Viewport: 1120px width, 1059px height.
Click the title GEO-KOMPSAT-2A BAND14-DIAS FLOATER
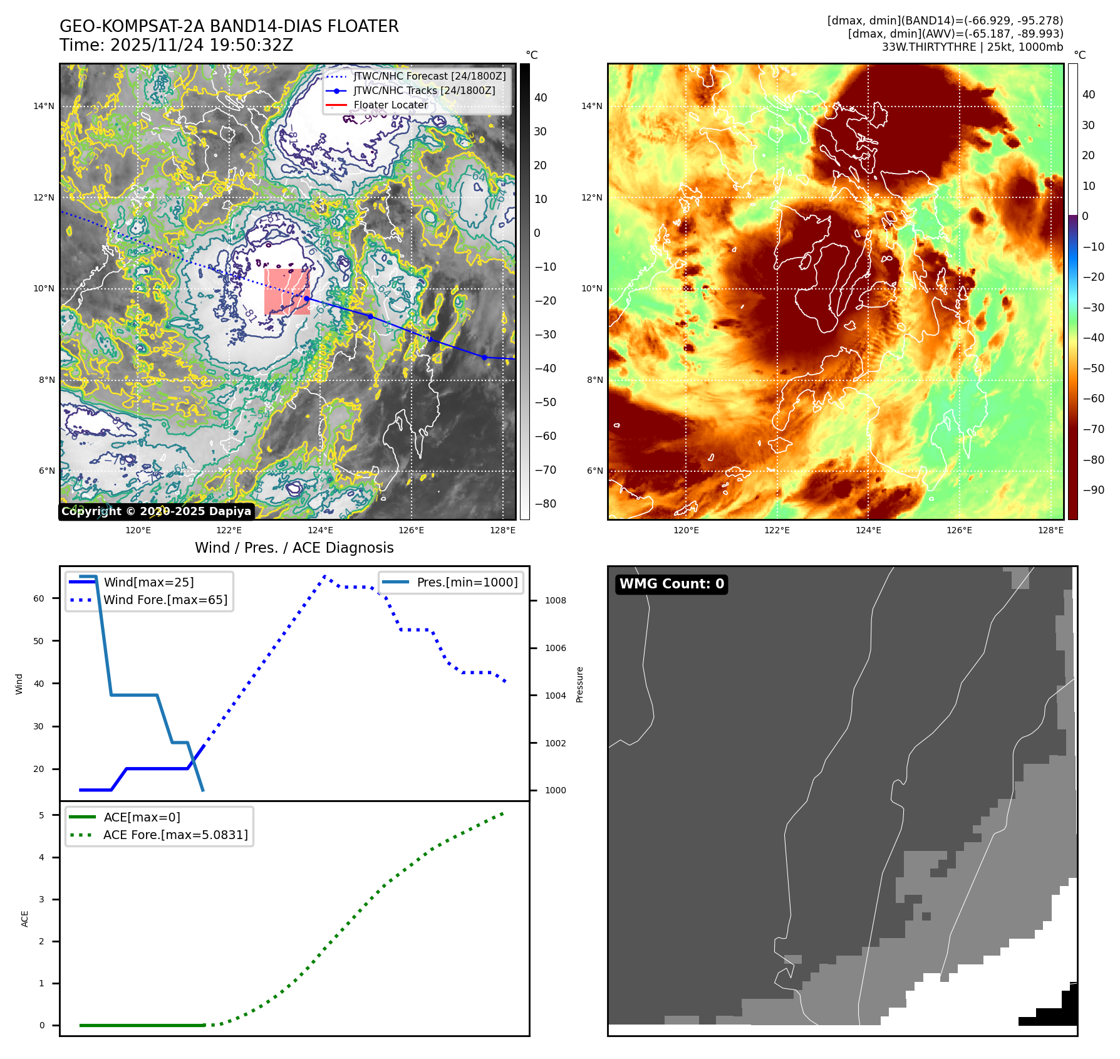(x=229, y=26)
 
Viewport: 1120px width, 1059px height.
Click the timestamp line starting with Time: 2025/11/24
(x=176, y=45)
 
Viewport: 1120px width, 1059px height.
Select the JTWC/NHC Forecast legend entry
(x=429, y=76)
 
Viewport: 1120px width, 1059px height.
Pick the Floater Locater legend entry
(x=390, y=105)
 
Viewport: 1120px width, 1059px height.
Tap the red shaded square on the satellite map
(x=287, y=291)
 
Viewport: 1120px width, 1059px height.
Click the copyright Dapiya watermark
(x=156, y=511)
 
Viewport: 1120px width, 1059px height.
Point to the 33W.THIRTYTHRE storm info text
(x=972, y=47)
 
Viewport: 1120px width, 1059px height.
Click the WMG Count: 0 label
(x=671, y=584)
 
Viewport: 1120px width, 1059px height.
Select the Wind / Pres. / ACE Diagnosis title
(x=294, y=548)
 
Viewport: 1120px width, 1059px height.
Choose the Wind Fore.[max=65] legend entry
(x=165, y=600)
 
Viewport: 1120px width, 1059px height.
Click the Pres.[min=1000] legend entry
(x=467, y=582)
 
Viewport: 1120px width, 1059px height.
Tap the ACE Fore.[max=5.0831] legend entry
(x=175, y=835)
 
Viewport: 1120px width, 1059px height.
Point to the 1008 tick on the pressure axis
(x=555, y=600)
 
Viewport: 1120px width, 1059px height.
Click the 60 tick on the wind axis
(x=39, y=598)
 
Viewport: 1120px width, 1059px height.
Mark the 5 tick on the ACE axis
(x=42, y=815)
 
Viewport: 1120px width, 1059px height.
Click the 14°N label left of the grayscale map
(x=44, y=107)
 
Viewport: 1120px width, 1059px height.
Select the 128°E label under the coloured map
(x=1050, y=530)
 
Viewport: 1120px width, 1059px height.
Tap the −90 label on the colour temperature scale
(x=1094, y=490)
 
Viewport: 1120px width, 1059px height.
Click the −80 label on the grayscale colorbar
(x=545, y=504)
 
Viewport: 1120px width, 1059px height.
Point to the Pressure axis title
(x=579, y=684)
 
